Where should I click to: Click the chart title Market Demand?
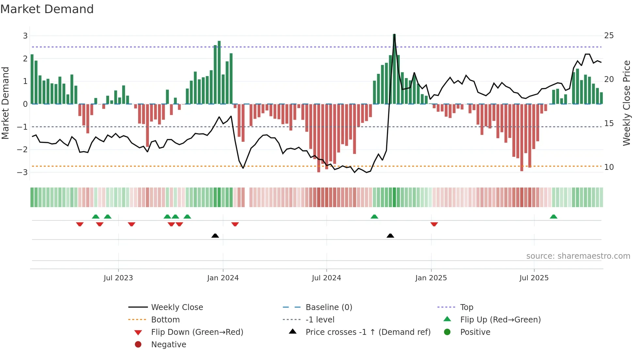point(47,9)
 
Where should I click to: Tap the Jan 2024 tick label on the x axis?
point(223,278)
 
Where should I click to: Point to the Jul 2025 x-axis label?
point(534,278)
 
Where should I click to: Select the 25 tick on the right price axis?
point(609,36)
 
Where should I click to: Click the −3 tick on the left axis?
point(23,172)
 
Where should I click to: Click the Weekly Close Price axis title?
point(626,103)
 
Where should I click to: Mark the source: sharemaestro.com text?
point(578,256)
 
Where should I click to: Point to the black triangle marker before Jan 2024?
point(215,236)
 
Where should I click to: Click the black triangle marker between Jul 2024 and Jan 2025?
point(390,236)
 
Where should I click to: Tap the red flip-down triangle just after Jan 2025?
point(434,224)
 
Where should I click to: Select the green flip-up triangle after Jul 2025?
point(553,217)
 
